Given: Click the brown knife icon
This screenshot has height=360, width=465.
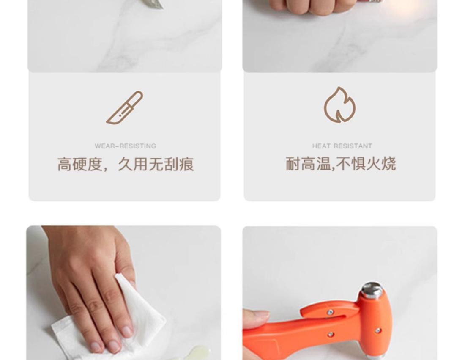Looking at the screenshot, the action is point(125,108).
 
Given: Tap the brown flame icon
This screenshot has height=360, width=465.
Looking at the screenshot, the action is point(340,105).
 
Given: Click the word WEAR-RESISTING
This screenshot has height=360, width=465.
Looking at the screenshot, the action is point(126,146).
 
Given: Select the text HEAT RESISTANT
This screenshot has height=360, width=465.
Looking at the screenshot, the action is point(342,146).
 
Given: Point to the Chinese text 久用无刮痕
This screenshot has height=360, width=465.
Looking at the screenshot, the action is point(156,164).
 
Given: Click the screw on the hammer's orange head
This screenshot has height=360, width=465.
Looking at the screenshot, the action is point(378,330).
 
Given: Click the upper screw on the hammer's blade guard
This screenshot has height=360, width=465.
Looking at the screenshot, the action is point(330,312).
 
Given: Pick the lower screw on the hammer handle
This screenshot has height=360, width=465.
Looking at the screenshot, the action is point(330,335).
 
